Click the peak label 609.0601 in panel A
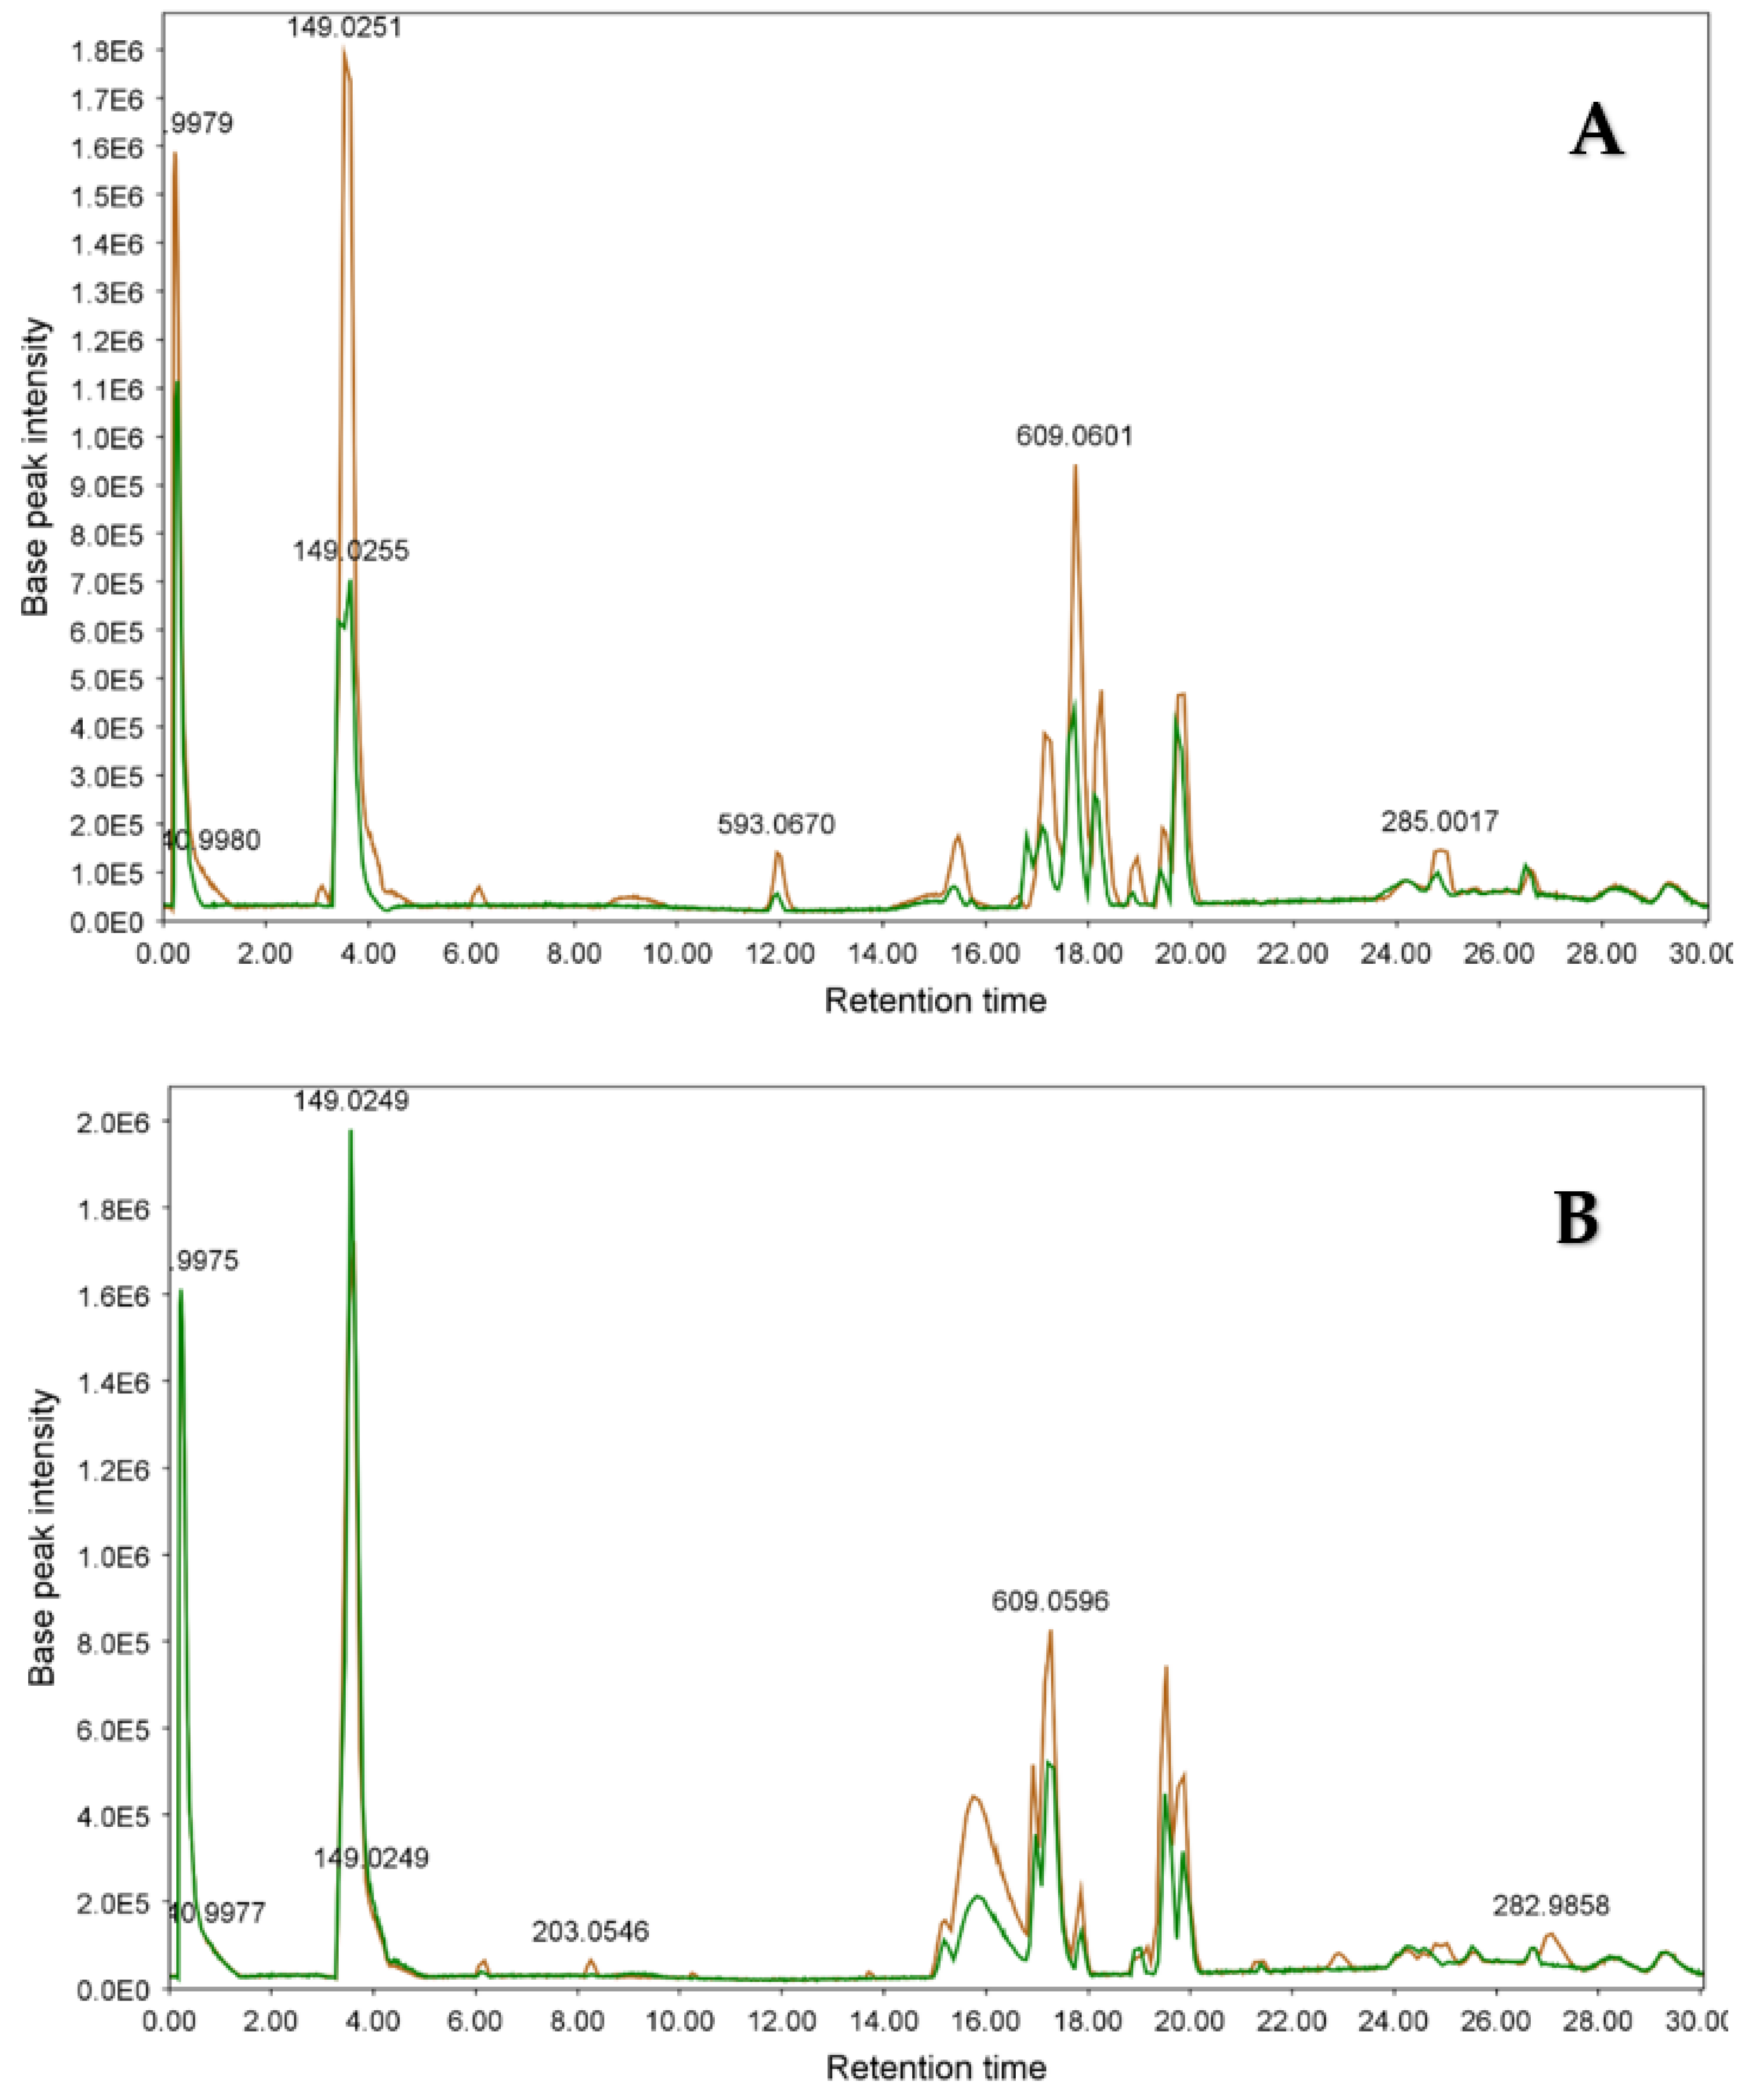pos(1075,437)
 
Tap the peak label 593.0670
pos(776,824)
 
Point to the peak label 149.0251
pos(345,27)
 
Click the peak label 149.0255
pos(351,550)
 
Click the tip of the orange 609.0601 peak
pos(1076,466)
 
